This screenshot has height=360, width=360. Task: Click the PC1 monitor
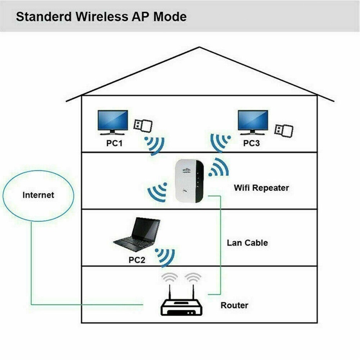(x=113, y=122)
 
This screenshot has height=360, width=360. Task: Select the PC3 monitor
(x=253, y=122)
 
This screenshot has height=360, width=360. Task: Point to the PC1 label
(x=115, y=143)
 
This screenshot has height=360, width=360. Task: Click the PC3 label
(x=251, y=143)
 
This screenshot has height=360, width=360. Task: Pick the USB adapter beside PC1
(x=143, y=125)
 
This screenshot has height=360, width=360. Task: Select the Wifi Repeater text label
(x=261, y=187)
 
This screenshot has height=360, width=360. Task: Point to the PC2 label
(x=137, y=260)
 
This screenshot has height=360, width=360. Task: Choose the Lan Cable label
(x=247, y=243)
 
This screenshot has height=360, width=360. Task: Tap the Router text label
(x=234, y=305)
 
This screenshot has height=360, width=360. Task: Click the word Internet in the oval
(x=38, y=195)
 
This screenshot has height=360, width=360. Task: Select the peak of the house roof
(x=200, y=48)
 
